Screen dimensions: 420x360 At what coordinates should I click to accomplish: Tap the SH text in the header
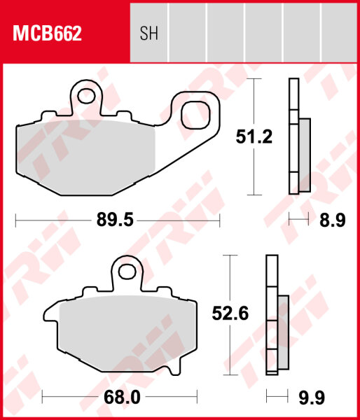pos(148,33)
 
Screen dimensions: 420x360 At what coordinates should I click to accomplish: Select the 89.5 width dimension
pos(115,221)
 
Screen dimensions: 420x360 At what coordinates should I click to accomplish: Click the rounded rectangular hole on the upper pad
pos(199,113)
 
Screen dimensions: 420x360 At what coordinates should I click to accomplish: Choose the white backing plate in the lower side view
pos(271,315)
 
